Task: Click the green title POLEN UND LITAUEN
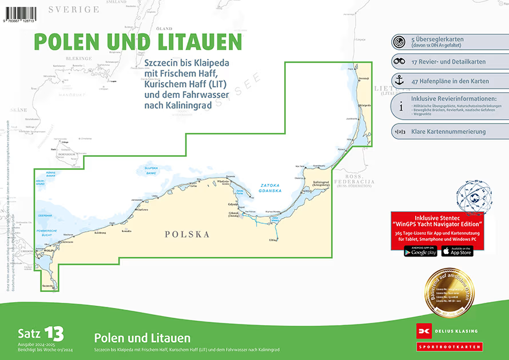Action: (137, 42)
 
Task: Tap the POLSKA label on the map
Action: (187, 234)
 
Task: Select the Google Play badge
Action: (420, 251)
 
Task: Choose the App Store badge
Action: (457, 251)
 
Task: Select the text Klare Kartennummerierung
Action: (448, 132)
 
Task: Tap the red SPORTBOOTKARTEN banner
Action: (449, 347)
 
